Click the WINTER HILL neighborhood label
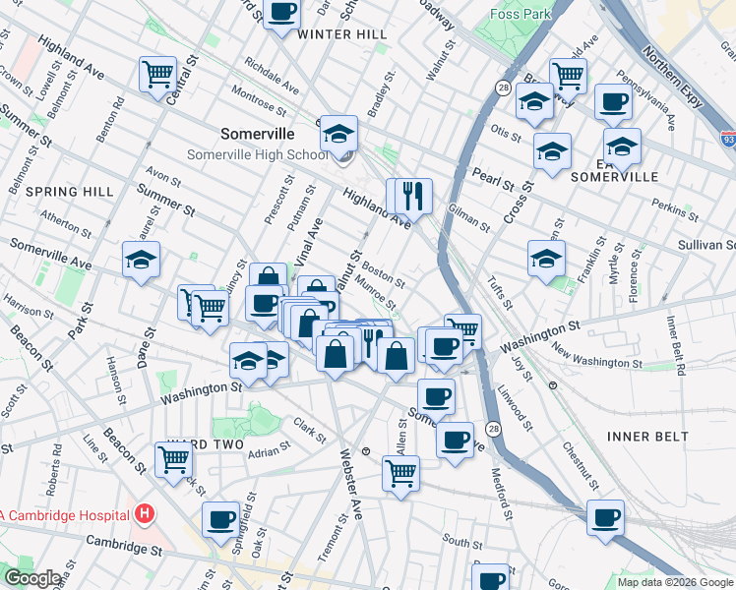tap(342, 34)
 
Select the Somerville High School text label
tap(259, 154)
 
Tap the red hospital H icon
tap(146, 513)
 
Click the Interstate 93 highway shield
tap(727, 141)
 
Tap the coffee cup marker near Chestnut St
tap(606, 516)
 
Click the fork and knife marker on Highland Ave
tap(414, 194)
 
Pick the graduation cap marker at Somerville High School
tap(339, 134)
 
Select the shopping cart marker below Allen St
tap(400, 473)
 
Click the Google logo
tap(31, 579)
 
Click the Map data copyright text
tap(675, 582)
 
